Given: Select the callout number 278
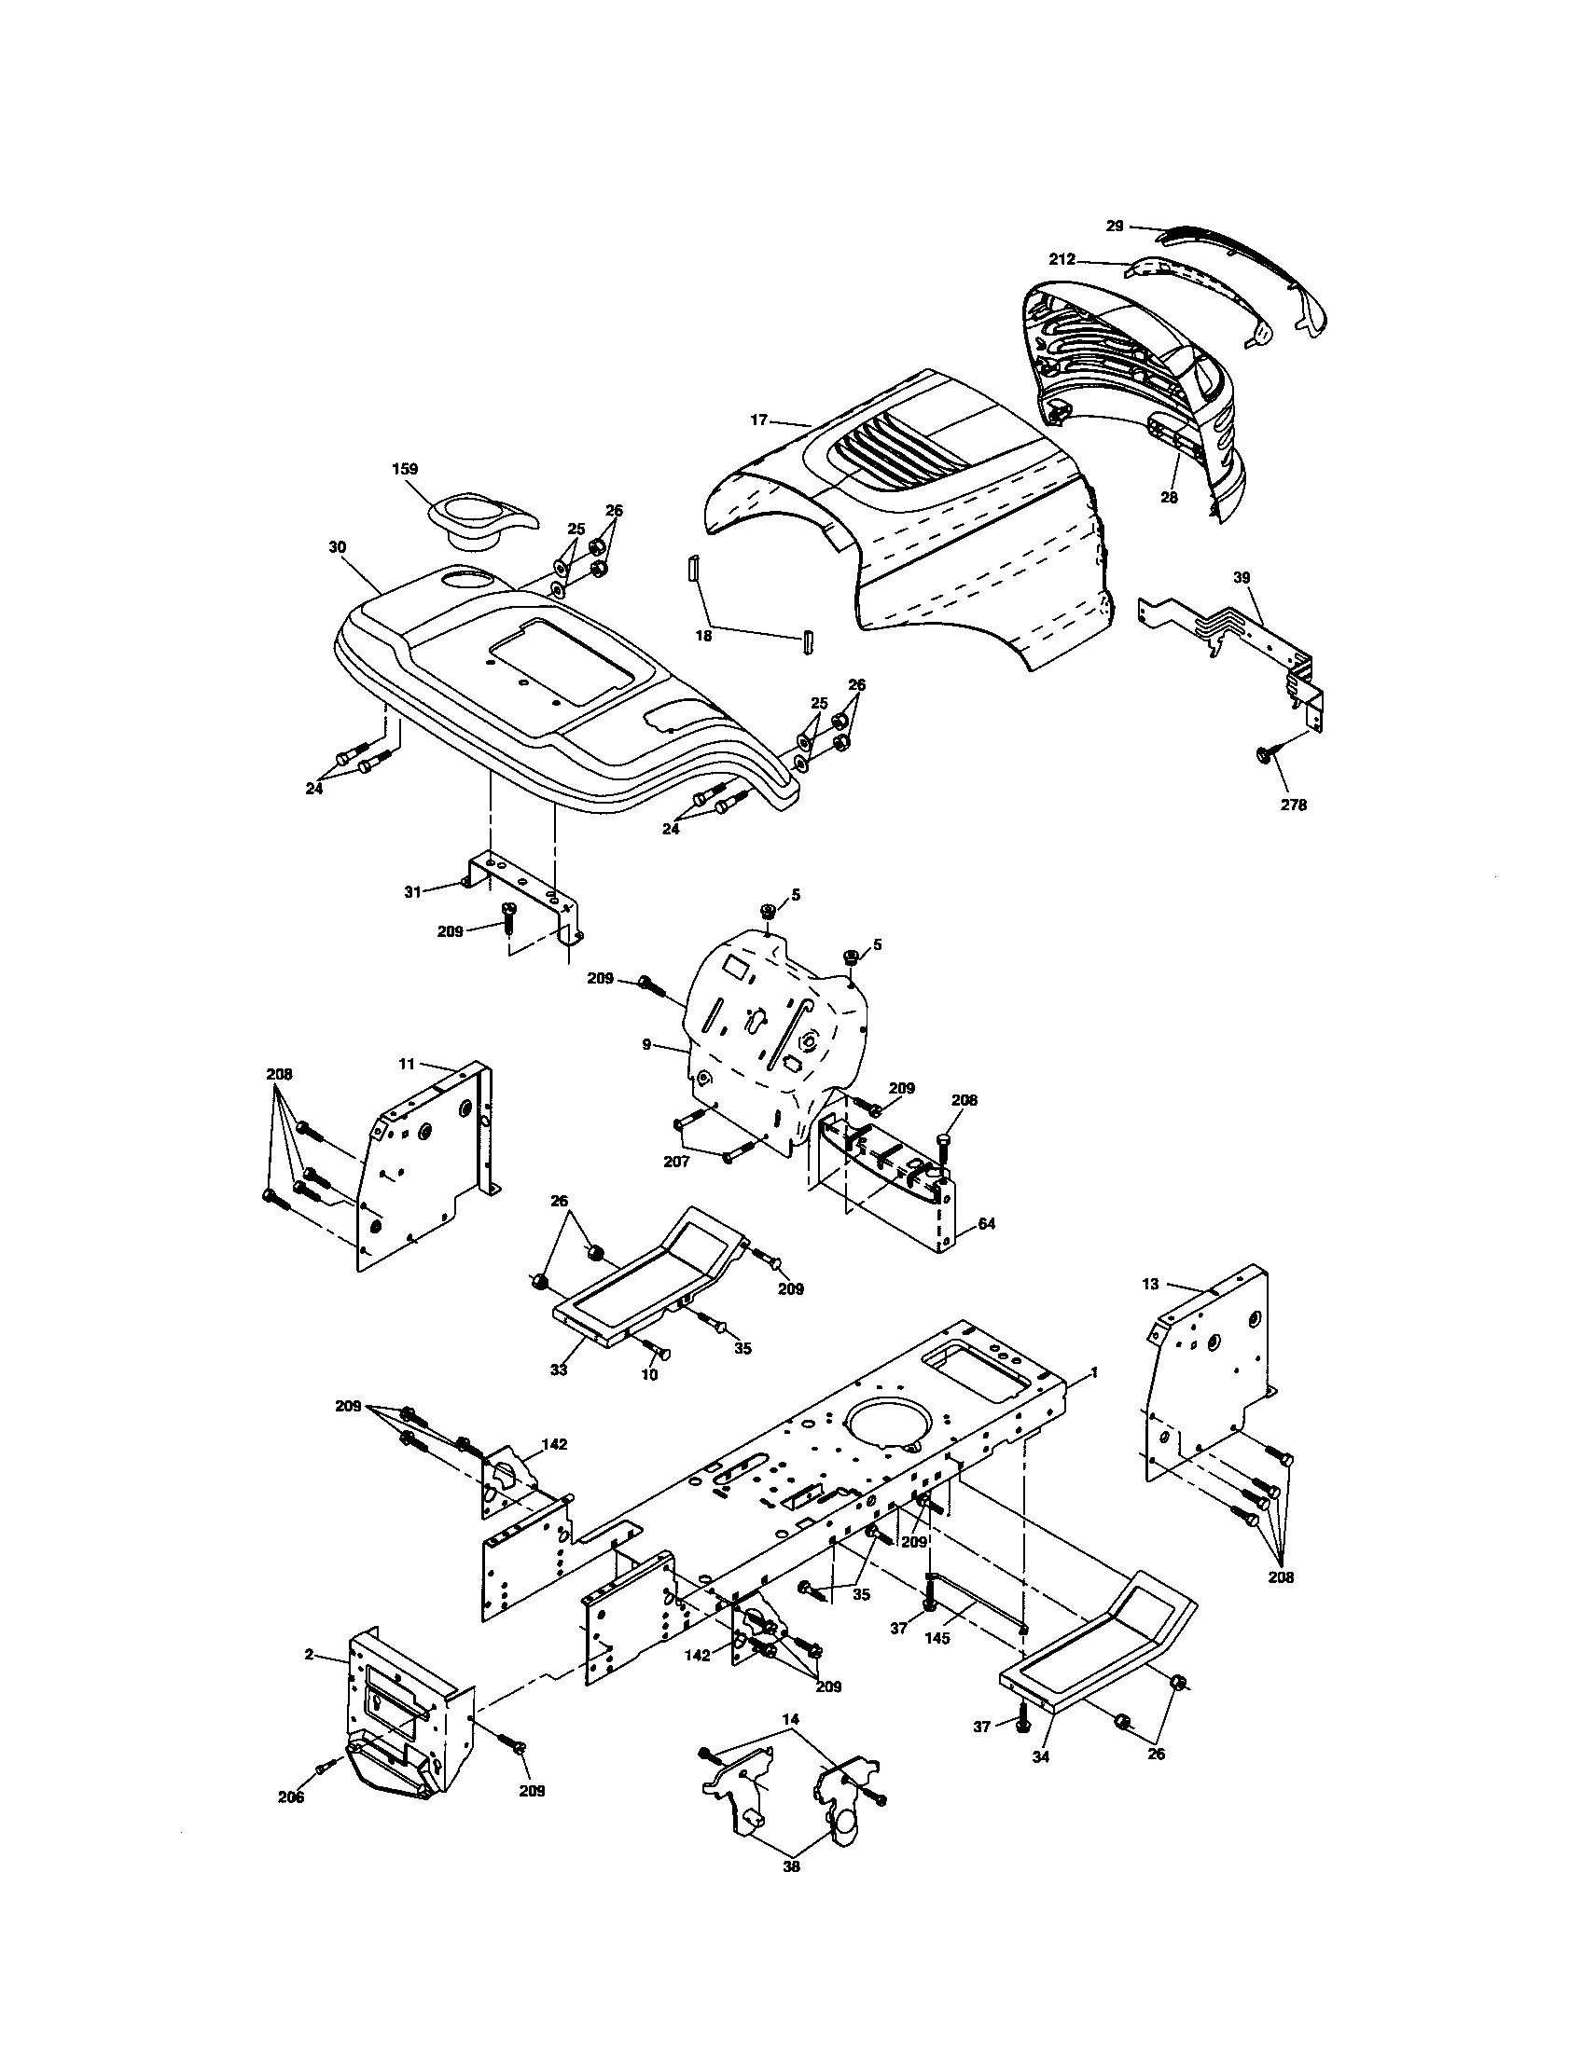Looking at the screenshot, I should (x=1293, y=805).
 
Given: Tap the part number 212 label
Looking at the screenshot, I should (x=1062, y=260).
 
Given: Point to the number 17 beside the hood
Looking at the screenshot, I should (x=758, y=420).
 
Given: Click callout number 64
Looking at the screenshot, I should (x=986, y=1224).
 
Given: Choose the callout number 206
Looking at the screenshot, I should (x=291, y=1797).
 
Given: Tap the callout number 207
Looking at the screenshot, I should (x=676, y=1162).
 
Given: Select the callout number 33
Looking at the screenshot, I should (x=559, y=1370).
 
